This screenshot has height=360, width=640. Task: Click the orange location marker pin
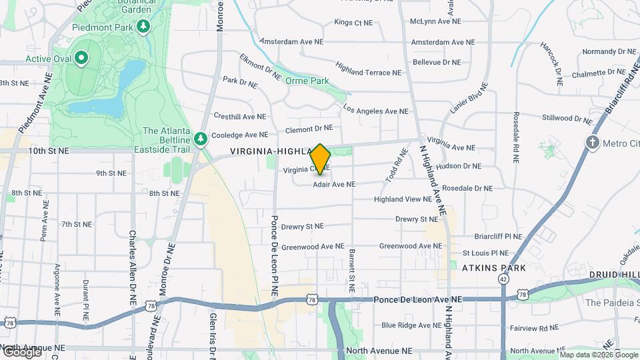[321, 159]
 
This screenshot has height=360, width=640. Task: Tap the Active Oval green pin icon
[81, 59]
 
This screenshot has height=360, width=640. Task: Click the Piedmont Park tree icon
[143, 26]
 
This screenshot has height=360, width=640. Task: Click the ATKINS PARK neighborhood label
[494, 268]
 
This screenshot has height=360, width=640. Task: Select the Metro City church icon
[592, 142]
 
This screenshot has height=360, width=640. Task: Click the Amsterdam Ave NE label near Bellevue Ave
[443, 42]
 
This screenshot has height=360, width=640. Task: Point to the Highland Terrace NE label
[369, 69]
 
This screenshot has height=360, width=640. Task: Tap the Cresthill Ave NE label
[240, 116]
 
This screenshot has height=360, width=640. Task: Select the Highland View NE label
[403, 199]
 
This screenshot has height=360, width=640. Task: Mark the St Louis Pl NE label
[486, 253]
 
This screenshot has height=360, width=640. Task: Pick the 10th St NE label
[49, 151]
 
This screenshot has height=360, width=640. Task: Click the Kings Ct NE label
[353, 23]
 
